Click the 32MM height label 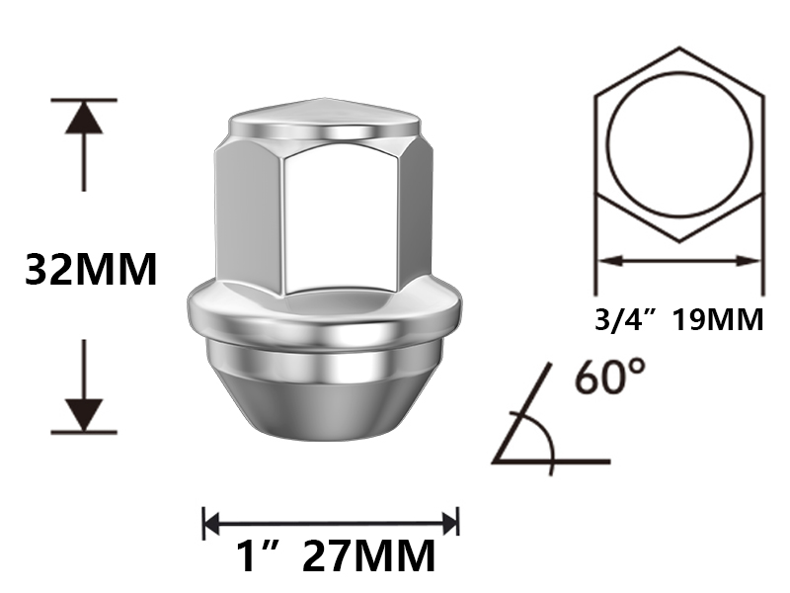coord(91,269)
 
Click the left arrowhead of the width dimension coord(212,522)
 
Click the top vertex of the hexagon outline coord(678,47)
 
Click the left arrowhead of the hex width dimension coord(604,262)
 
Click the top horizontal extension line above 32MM coord(84,100)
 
